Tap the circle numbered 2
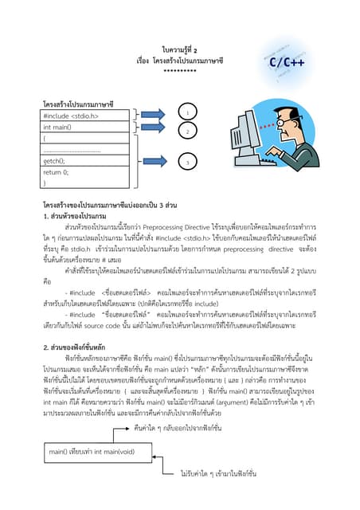pyautogui.click(x=186, y=131)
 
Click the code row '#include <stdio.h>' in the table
pyautogui.click(x=78, y=116)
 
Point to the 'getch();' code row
pyautogui.click(x=78, y=160)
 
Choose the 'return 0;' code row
pyautogui.click(x=78, y=171)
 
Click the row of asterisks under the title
pyautogui.click(x=180, y=71)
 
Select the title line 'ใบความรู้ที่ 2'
pyautogui.click(x=180, y=48)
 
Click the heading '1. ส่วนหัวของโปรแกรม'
pyautogui.click(x=75, y=216)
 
